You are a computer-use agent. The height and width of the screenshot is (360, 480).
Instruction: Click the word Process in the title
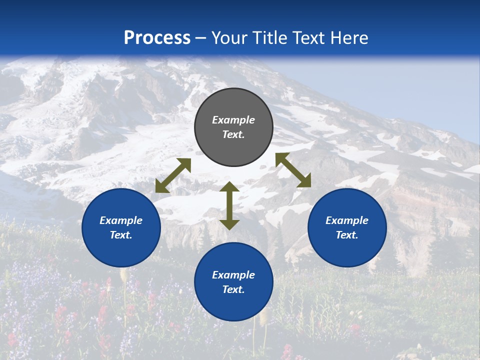coord(157,38)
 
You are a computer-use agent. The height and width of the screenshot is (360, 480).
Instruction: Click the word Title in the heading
coord(269,38)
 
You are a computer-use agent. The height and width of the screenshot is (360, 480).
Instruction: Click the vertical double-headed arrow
coord(229,206)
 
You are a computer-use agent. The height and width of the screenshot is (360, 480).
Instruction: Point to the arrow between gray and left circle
coord(173,175)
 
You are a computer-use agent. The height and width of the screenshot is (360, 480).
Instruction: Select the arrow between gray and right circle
coord(293,170)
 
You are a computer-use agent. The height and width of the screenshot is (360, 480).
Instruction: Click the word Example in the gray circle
coord(233,120)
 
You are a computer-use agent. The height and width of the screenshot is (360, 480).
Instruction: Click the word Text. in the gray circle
coord(233,134)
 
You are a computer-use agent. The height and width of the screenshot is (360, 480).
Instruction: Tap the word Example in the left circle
coord(121,220)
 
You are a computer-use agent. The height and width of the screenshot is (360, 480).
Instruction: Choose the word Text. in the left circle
coord(121,235)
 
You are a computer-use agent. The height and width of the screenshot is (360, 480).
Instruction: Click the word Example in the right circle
coord(347,220)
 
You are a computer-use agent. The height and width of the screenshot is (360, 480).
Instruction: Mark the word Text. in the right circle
coord(347,235)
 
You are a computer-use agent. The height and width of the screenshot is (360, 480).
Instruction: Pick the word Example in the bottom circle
coord(233,275)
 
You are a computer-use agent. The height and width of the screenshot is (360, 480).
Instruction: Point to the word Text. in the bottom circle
coord(233,289)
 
